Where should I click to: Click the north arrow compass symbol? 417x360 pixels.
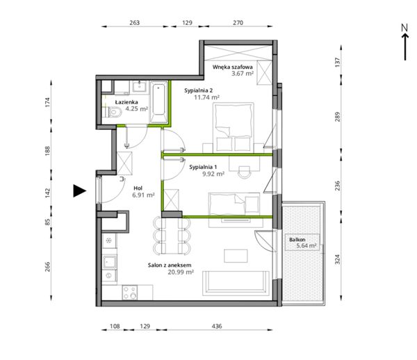tap(404, 42)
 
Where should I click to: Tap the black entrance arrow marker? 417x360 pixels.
tap(79, 190)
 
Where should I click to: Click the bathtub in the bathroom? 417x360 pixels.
tap(158, 102)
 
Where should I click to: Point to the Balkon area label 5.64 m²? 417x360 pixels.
tap(306, 245)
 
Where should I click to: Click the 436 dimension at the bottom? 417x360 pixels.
tap(217, 326)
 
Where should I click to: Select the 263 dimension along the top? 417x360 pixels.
tap(135, 23)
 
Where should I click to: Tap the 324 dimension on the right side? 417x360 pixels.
tap(337, 259)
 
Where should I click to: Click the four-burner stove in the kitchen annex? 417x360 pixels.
tap(130, 293)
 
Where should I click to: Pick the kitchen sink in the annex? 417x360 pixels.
tap(110, 261)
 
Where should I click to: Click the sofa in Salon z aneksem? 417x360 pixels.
tap(236, 283)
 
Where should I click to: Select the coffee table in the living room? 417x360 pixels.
tap(236, 256)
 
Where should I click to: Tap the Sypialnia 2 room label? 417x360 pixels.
tap(198, 90)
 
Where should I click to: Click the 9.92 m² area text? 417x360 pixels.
tap(213, 174)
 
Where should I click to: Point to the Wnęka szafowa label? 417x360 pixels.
tap(232, 67)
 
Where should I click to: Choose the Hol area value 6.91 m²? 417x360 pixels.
tap(143, 195)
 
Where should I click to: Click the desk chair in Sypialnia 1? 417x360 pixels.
tap(245, 172)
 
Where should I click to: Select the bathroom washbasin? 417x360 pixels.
tap(140, 86)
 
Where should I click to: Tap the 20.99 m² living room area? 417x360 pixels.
tap(181, 272)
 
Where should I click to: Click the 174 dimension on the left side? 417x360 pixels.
tap(47, 102)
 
